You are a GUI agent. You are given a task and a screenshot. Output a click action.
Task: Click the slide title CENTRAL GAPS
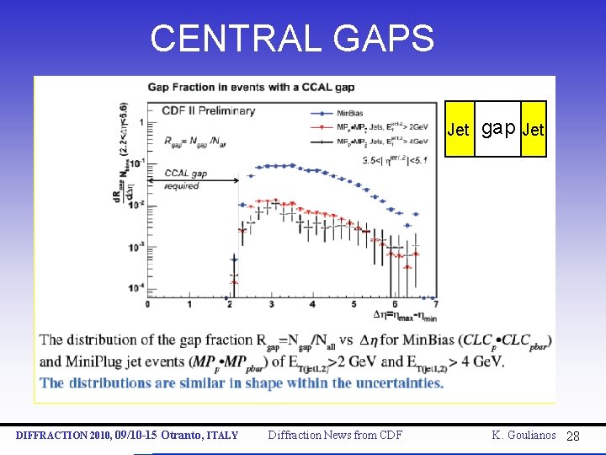point(292,38)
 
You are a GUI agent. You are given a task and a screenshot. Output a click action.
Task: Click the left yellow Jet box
point(459,130)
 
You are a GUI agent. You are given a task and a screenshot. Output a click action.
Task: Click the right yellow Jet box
point(534,130)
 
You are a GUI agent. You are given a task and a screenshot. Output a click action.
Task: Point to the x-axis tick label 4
point(313,304)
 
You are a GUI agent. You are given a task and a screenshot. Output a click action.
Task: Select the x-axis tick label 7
point(435,304)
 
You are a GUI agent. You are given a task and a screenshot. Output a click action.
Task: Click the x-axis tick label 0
point(147,304)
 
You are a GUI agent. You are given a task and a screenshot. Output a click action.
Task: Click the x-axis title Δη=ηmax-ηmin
point(406,315)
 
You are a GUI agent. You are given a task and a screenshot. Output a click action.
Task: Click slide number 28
point(573,436)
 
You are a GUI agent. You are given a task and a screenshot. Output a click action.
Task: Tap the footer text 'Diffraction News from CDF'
point(334,435)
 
